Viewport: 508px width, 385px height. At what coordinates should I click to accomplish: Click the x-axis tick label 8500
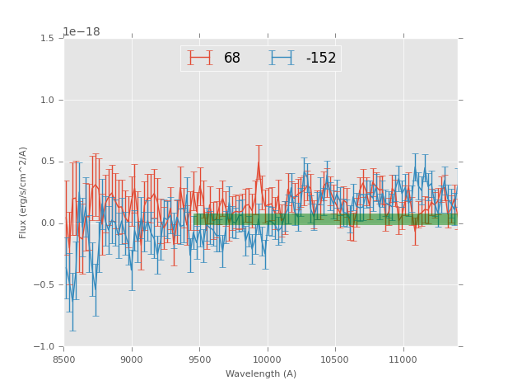click(x=64, y=359)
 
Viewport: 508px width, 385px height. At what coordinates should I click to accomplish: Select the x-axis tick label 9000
click(x=132, y=359)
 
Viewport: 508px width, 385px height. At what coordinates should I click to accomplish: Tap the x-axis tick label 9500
click(x=199, y=359)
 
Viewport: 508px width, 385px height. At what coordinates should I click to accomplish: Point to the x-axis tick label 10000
click(x=267, y=359)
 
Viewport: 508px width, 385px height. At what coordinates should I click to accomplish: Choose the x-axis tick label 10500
click(x=334, y=359)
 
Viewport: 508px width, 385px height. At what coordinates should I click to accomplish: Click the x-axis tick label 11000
click(x=403, y=359)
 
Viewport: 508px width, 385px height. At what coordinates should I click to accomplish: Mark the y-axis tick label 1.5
click(x=47, y=39)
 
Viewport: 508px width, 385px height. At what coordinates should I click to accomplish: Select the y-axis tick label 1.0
click(x=47, y=101)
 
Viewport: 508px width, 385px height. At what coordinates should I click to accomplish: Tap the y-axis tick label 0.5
click(x=47, y=162)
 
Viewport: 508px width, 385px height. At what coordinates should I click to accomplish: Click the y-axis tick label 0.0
click(x=47, y=223)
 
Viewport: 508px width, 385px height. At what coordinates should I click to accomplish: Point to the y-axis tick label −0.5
click(x=44, y=285)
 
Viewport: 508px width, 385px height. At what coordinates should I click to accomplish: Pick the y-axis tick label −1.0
click(x=44, y=346)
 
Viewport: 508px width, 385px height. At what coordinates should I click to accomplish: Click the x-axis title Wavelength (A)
click(x=261, y=373)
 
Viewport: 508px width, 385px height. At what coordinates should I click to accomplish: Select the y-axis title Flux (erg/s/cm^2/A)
click(x=24, y=192)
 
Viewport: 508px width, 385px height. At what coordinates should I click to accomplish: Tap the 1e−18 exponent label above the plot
click(x=82, y=31)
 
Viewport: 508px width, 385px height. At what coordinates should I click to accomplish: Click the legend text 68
click(x=232, y=59)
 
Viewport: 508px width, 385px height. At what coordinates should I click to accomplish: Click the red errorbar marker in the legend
click(x=200, y=58)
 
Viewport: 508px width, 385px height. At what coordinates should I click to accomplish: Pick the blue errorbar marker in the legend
click(x=282, y=58)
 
